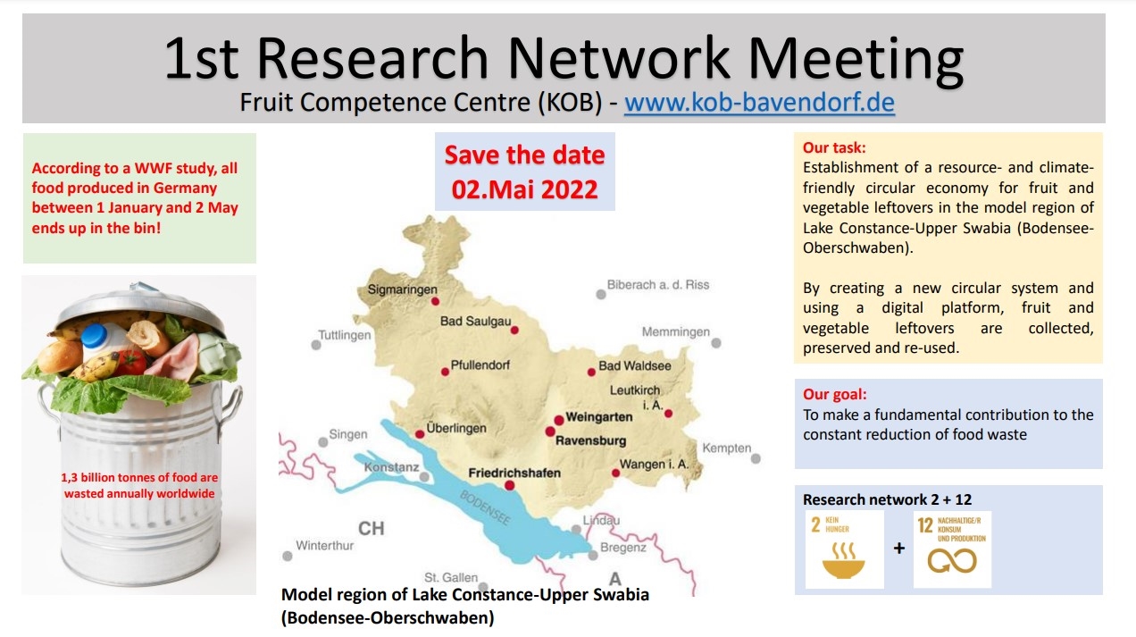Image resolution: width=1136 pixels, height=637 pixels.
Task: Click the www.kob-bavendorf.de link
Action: point(759,103)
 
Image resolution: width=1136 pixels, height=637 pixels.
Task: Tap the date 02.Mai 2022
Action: point(525,189)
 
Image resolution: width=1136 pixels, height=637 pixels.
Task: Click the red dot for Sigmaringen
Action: point(435,301)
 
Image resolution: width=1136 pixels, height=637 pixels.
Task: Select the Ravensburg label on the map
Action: point(591,440)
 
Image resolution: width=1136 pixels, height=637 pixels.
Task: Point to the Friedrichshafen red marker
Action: point(510,485)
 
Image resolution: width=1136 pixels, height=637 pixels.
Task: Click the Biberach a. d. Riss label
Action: point(658,284)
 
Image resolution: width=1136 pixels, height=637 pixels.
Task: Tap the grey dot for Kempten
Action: point(756,458)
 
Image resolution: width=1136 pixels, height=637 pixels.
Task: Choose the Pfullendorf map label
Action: point(480,365)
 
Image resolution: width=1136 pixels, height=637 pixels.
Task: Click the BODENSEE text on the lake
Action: point(485,507)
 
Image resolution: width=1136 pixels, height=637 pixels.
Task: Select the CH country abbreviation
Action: point(372,529)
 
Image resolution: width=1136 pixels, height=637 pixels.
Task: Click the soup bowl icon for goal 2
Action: point(843,561)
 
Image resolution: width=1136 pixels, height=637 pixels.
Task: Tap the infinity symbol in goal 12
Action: point(952,561)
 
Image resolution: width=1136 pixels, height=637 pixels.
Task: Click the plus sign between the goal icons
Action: point(899,549)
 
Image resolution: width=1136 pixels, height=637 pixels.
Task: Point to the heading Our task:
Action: point(834,147)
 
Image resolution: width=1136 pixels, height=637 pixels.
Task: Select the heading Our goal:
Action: point(835,394)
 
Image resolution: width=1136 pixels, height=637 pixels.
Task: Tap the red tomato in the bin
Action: point(132,362)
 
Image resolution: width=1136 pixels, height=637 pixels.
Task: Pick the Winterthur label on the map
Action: point(325,546)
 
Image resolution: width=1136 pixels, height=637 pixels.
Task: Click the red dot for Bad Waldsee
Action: point(591,373)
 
